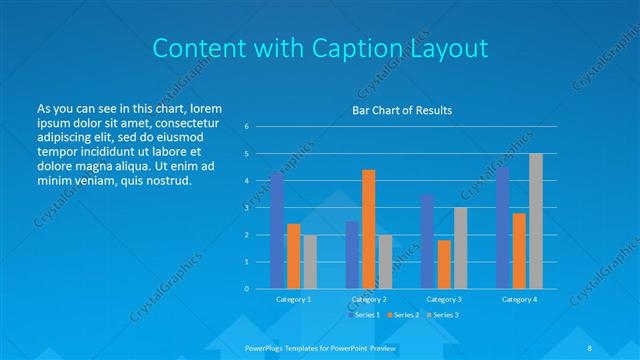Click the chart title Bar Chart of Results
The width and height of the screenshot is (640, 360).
[x=400, y=110]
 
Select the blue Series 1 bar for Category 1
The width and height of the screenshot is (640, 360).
[x=277, y=231]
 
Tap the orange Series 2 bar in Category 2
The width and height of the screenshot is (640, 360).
[x=368, y=229]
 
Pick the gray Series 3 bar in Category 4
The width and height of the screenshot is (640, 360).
[x=536, y=221]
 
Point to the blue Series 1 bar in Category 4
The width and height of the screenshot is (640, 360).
[x=503, y=228]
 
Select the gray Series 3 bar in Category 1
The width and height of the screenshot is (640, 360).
[x=310, y=262]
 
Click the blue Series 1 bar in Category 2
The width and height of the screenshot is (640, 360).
[x=352, y=255]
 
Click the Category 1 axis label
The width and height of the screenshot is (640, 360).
[x=293, y=299]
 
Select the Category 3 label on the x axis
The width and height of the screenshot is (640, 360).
[x=444, y=299]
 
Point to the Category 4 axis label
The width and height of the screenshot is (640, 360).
[x=519, y=299]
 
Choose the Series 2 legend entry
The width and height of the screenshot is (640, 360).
[x=403, y=315]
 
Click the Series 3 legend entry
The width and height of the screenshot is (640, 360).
[x=444, y=315]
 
